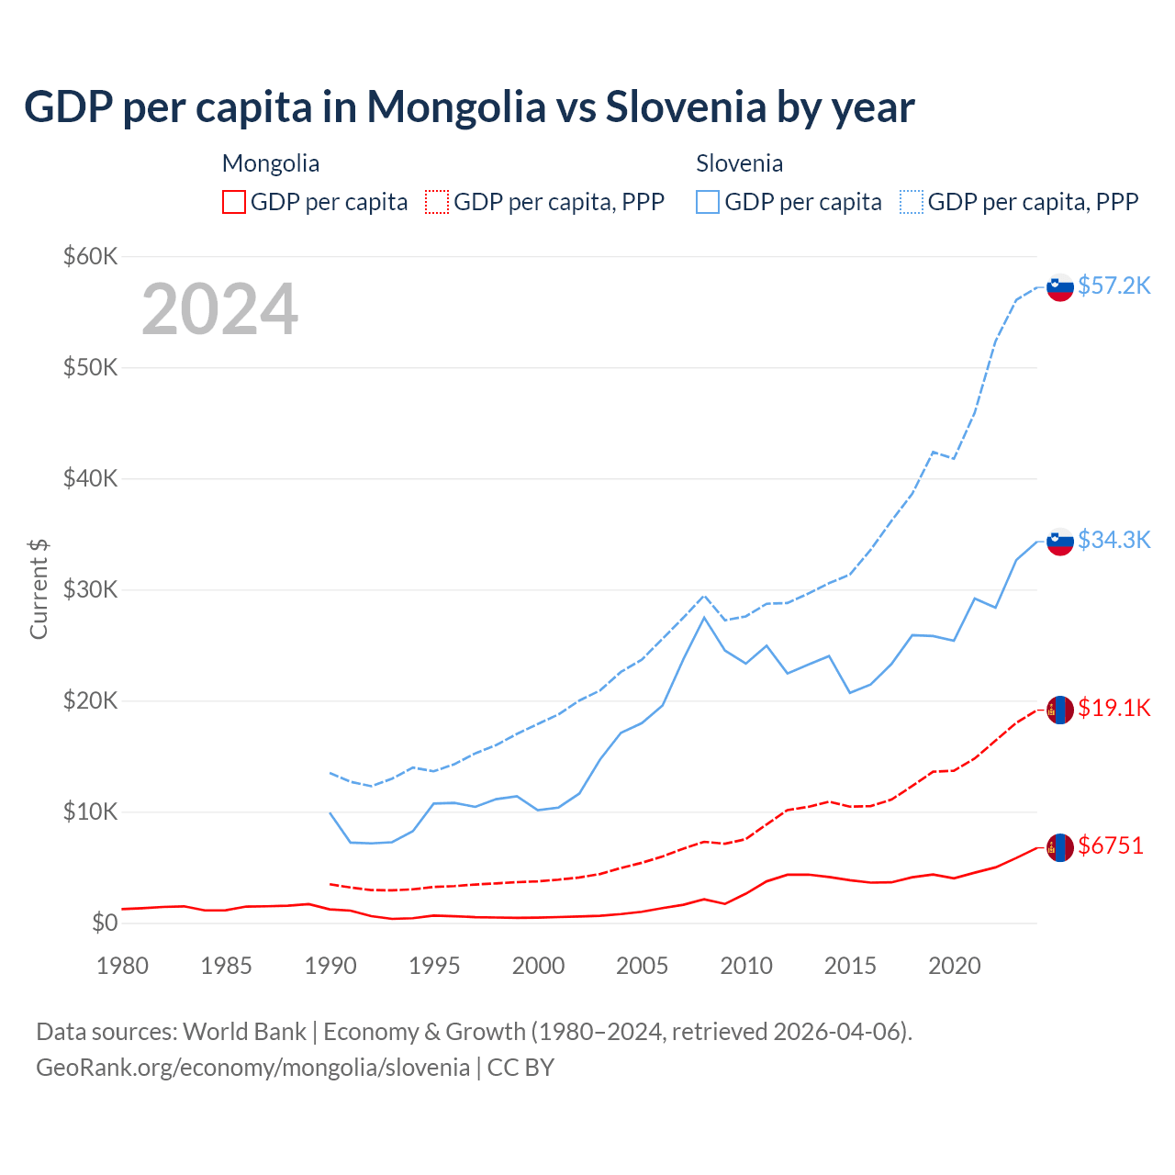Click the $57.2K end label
(x=1113, y=285)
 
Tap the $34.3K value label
(x=1113, y=540)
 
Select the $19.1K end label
(x=1113, y=708)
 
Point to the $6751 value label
(x=1111, y=845)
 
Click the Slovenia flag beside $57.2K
(x=1060, y=287)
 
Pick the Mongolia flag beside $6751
(x=1060, y=847)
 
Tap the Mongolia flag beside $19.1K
(x=1060, y=710)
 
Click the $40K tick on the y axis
(x=90, y=478)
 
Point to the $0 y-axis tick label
(x=105, y=923)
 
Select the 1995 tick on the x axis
(x=434, y=966)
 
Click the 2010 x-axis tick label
(x=746, y=966)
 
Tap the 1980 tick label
(x=122, y=966)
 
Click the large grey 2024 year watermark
(x=220, y=309)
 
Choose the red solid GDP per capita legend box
(x=234, y=202)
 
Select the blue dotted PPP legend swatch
(x=912, y=202)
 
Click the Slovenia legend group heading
(x=739, y=163)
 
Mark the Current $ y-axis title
(x=39, y=588)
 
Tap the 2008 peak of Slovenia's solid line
(x=704, y=617)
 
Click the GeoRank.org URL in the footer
(x=252, y=1068)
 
